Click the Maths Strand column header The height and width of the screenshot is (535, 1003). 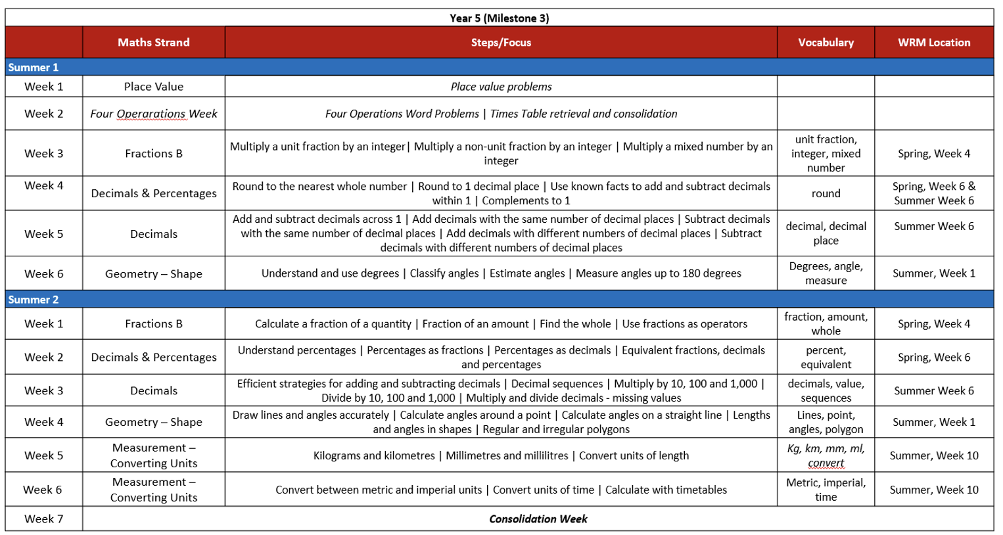[153, 43]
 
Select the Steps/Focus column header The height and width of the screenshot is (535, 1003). [501, 43]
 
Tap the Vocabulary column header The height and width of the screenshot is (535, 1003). [826, 43]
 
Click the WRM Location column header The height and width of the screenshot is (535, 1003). [933, 43]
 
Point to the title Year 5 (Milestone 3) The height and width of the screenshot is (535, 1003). [500, 18]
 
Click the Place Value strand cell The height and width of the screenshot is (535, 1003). [153, 87]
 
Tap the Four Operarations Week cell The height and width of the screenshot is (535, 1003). [153, 114]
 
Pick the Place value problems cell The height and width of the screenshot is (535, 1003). [501, 87]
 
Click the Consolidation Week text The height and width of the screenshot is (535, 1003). [538, 519]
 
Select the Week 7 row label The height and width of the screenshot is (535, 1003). [43, 519]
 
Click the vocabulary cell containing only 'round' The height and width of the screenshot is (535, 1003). [826, 194]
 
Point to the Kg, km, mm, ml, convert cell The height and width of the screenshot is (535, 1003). [826, 455]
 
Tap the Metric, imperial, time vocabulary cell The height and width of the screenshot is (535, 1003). [826, 490]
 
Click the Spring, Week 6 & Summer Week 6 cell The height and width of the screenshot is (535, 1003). [933, 194]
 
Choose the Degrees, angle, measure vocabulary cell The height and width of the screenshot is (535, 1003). [826, 273]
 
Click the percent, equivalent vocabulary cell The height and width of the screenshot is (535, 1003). [826, 358]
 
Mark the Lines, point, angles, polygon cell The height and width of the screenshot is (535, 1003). [826, 422]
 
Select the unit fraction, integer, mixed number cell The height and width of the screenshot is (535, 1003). [826, 154]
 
